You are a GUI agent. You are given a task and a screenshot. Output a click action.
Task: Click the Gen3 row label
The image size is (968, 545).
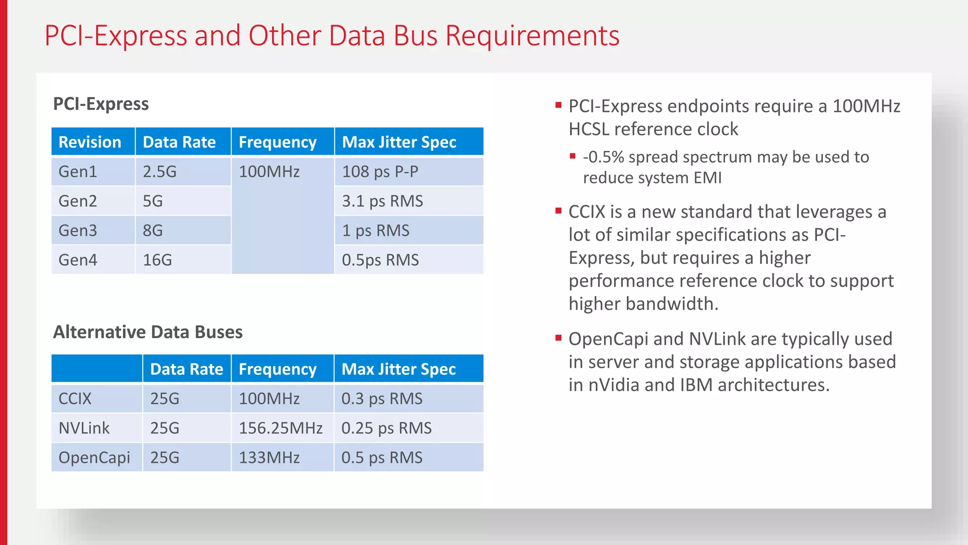coord(78,230)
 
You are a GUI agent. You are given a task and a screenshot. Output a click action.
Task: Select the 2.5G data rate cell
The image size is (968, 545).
coord(160,171)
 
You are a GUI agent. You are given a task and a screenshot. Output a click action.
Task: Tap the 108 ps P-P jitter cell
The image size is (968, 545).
coord(380,171)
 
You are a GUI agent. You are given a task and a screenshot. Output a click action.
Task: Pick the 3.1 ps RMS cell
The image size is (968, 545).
coord(382,201)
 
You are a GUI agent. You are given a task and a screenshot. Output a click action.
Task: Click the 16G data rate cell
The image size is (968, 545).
coord(157,260)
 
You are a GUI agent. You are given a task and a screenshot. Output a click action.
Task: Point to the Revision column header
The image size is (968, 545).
coord(90,142)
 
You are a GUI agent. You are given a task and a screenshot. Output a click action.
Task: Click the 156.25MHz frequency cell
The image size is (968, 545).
coord(280,428)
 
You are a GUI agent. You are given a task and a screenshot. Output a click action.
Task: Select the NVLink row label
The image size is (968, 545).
coord(84,428)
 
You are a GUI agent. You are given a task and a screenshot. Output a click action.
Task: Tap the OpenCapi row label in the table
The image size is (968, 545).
coord(94,457)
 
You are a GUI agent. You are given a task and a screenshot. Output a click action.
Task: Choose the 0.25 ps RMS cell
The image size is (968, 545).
coord(386,428)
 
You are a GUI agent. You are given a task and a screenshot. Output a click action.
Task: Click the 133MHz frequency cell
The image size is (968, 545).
coord(269,457)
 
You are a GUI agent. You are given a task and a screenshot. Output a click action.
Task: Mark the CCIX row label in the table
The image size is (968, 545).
coord(75,398)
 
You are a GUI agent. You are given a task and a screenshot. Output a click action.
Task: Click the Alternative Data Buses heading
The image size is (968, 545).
coord(147,332)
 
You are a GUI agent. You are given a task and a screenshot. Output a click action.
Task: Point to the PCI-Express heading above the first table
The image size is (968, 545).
coord(101,104)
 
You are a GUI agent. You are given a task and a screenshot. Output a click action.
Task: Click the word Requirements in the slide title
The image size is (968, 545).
coord(532,36)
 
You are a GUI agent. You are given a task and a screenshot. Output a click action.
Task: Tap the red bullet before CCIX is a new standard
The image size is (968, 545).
coord(559,211)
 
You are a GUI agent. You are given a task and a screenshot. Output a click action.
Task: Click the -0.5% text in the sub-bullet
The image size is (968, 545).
coord(603,157)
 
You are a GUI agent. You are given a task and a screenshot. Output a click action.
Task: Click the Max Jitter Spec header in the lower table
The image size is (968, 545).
coord(398,369)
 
